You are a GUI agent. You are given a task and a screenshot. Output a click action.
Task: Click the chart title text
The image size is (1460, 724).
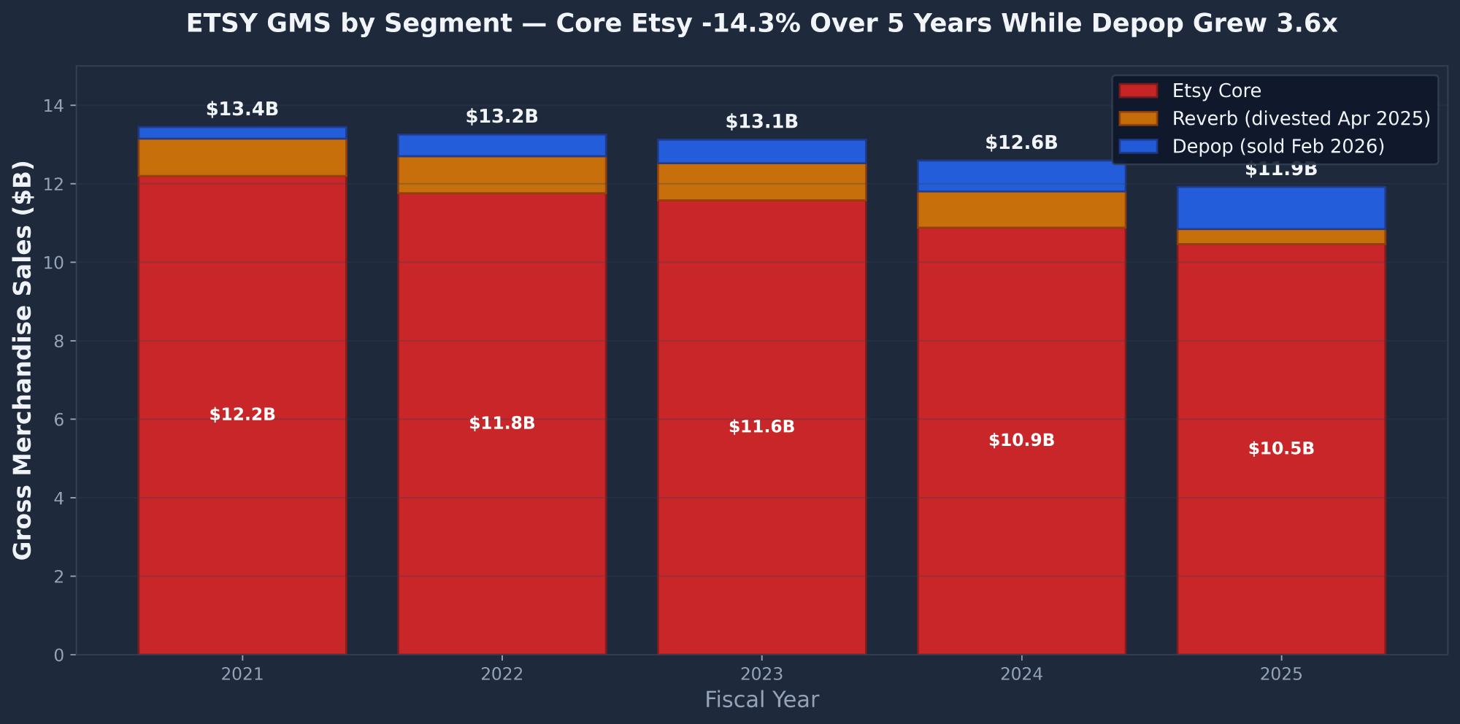click(x=761, y=24)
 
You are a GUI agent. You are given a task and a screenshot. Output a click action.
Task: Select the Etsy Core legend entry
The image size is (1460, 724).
click(x=1216, y=91)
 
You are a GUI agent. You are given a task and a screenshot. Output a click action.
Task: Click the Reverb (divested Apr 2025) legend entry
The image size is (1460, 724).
click(x=1300, y=118)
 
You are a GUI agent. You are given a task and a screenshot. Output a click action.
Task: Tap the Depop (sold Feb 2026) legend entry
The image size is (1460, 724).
click(x=1277, y=146)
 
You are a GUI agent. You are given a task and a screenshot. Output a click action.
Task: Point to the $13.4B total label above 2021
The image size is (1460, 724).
click(x=242, y=109)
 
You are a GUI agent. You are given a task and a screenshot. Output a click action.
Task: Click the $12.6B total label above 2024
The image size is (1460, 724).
click(x=1021, y=143)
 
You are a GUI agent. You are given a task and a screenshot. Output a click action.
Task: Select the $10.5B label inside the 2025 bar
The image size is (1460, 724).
click(x=1281, y=449)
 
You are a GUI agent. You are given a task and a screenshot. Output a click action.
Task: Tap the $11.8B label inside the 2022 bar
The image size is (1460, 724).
click(x=502, y=423)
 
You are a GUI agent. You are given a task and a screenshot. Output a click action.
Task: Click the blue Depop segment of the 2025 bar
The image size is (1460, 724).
click(x=1281, y=208)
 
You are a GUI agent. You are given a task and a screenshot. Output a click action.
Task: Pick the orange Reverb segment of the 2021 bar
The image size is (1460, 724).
click(x=242, y=157)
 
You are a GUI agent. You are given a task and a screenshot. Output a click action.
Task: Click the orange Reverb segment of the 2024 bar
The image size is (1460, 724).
click(x=1021, y=209)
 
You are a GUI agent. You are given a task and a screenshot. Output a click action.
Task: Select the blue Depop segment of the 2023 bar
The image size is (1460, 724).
click(x=761, y=151)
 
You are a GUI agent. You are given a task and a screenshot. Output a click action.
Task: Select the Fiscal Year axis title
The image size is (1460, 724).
click(x=761, y=700)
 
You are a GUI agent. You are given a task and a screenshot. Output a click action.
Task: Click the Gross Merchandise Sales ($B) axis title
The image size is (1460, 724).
click(x=23, y=360)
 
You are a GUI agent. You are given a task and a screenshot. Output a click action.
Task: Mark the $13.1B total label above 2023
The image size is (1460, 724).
click(x=761, y=122)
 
